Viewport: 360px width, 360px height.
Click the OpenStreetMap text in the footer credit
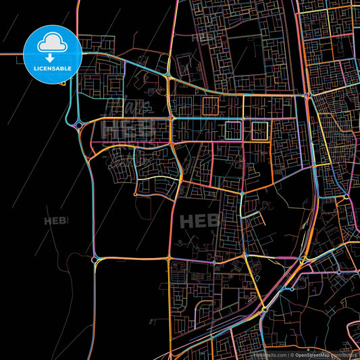pyautogui.click(x=311, y=354)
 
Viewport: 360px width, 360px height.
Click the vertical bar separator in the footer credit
pyautogui.click(x=290, y=354)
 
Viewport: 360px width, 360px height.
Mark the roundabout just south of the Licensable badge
pyautogui.click(x=80, y=124)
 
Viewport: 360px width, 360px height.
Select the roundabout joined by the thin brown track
pyautogui.click(x=96, y=258)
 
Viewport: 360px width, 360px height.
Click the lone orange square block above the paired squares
pyautogui.click(x=209, y=106)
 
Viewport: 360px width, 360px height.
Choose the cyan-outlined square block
pyautogui.click(x=233, y=130)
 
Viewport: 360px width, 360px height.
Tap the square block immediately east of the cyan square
pyautogui.click(x=259, y=130)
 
